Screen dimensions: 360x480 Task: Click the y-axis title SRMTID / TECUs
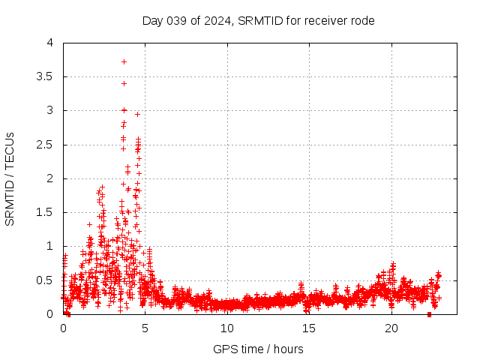coord(10,178)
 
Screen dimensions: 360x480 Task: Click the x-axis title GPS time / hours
coord(258,349)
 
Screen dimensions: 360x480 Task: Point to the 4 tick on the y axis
coord(50,43)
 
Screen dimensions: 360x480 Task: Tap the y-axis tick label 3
coord(50,110)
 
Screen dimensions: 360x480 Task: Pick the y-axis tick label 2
coord(50,178)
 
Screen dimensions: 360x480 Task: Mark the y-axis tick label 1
coord(50,246)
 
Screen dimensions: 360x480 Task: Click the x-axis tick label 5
coord(145,328)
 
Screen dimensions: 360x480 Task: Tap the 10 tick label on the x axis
coord(227,328)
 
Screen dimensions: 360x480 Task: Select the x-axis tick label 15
coord(309,328)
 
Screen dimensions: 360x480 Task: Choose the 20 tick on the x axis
coord(391,328)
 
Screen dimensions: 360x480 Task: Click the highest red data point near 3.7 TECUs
coord(124,61)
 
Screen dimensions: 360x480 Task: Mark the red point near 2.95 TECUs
coord(137,114)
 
